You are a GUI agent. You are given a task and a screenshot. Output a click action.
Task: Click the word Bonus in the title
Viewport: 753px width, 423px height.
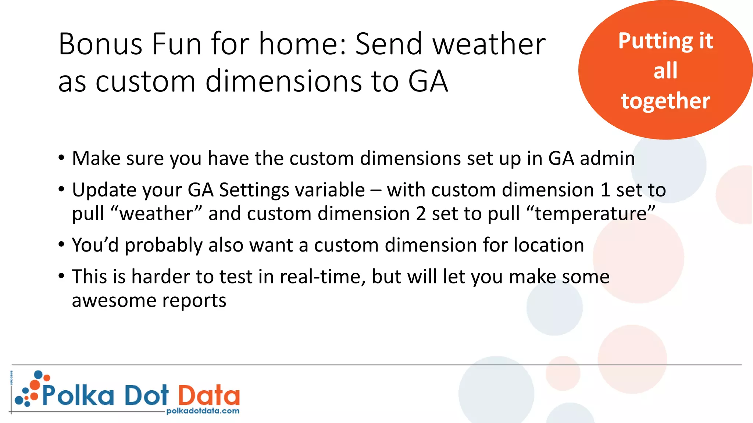100,44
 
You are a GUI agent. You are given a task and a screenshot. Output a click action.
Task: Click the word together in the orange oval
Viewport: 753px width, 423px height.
665,101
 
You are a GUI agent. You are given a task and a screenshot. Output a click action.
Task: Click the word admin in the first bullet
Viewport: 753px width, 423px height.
607,159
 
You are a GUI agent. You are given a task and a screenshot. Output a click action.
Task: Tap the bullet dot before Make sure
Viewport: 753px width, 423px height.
61,158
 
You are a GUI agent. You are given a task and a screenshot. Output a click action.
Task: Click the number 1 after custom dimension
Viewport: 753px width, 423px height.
605,190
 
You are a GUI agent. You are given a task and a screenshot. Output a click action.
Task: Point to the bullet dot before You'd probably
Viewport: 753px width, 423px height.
61,245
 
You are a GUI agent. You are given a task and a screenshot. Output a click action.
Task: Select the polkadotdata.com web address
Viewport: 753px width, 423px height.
203,411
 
